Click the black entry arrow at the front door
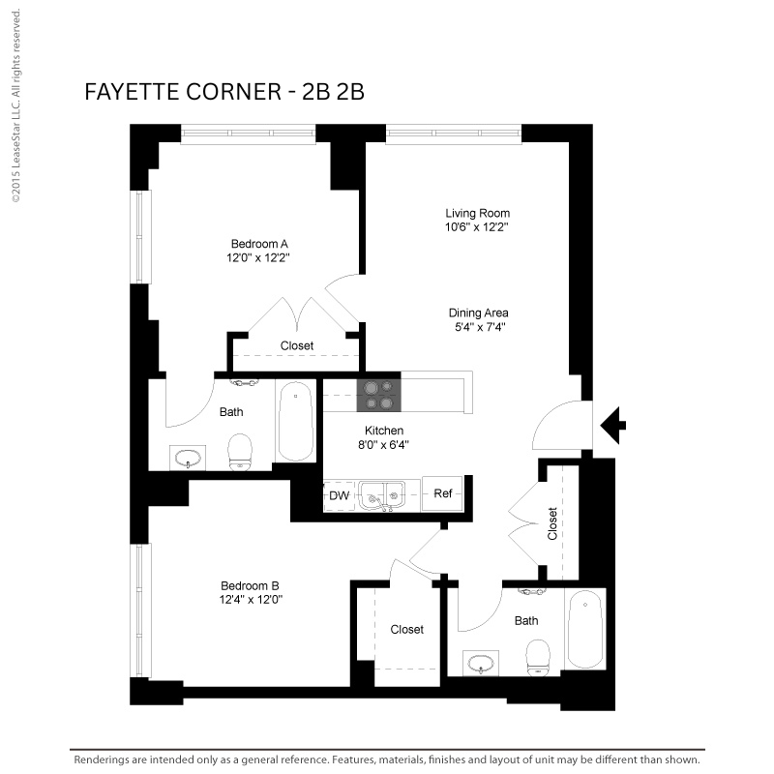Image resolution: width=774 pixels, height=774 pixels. click(612, 426)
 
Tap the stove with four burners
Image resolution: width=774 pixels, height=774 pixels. click(378, 396)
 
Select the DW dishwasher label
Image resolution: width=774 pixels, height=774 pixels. click(340, 495)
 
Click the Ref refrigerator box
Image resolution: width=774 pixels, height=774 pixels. click(442, 493)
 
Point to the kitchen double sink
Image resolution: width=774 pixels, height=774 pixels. click(382, 495)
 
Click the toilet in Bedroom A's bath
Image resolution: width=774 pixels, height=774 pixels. click(240, 452)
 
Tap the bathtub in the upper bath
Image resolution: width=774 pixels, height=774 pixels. click(295, 421)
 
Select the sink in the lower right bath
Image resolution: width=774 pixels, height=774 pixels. click(481, 664)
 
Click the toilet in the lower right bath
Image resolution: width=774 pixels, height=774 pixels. click(538, 658)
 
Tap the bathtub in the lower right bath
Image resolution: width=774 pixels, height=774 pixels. click(585, 628)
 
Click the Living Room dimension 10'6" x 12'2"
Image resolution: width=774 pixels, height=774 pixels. click(477, 227)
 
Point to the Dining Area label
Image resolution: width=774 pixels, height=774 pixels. click(478, 313)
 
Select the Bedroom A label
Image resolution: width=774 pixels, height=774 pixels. click(259, 244)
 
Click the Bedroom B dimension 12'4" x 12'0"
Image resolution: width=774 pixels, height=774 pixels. click(251, 600)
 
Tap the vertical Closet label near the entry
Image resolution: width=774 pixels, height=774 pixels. click(552, 523)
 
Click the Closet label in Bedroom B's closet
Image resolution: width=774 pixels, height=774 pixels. click(406, 630)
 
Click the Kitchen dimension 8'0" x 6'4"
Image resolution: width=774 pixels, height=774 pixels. click(383, 445)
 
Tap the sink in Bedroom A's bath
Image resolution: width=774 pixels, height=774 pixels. click(188, 458)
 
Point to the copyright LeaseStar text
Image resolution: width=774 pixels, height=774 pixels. click(16, 105)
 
